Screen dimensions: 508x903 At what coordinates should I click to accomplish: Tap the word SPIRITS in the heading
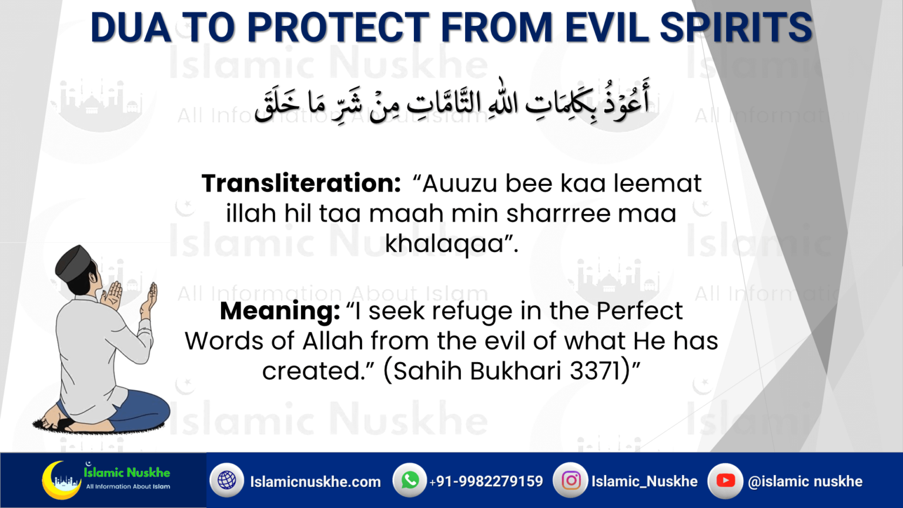coord(736,28)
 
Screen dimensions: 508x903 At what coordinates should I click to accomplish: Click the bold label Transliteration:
coord(301,183)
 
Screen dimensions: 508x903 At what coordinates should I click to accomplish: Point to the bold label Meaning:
coord(280,311)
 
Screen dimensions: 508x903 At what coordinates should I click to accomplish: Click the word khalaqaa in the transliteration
coord(445,243)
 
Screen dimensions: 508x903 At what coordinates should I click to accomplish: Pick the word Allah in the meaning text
coord(333,341)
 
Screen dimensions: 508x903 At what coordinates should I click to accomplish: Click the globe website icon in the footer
coord(227,480)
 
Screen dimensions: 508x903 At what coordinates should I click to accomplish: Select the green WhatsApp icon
coord(410,480)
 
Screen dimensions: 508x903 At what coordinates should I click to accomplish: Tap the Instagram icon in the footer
coord(570,480)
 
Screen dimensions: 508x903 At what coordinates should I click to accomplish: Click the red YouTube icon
coord(725,480)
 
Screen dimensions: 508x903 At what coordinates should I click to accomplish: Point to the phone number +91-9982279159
coord(486,482)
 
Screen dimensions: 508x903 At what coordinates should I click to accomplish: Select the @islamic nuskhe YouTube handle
coord(805,482)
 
